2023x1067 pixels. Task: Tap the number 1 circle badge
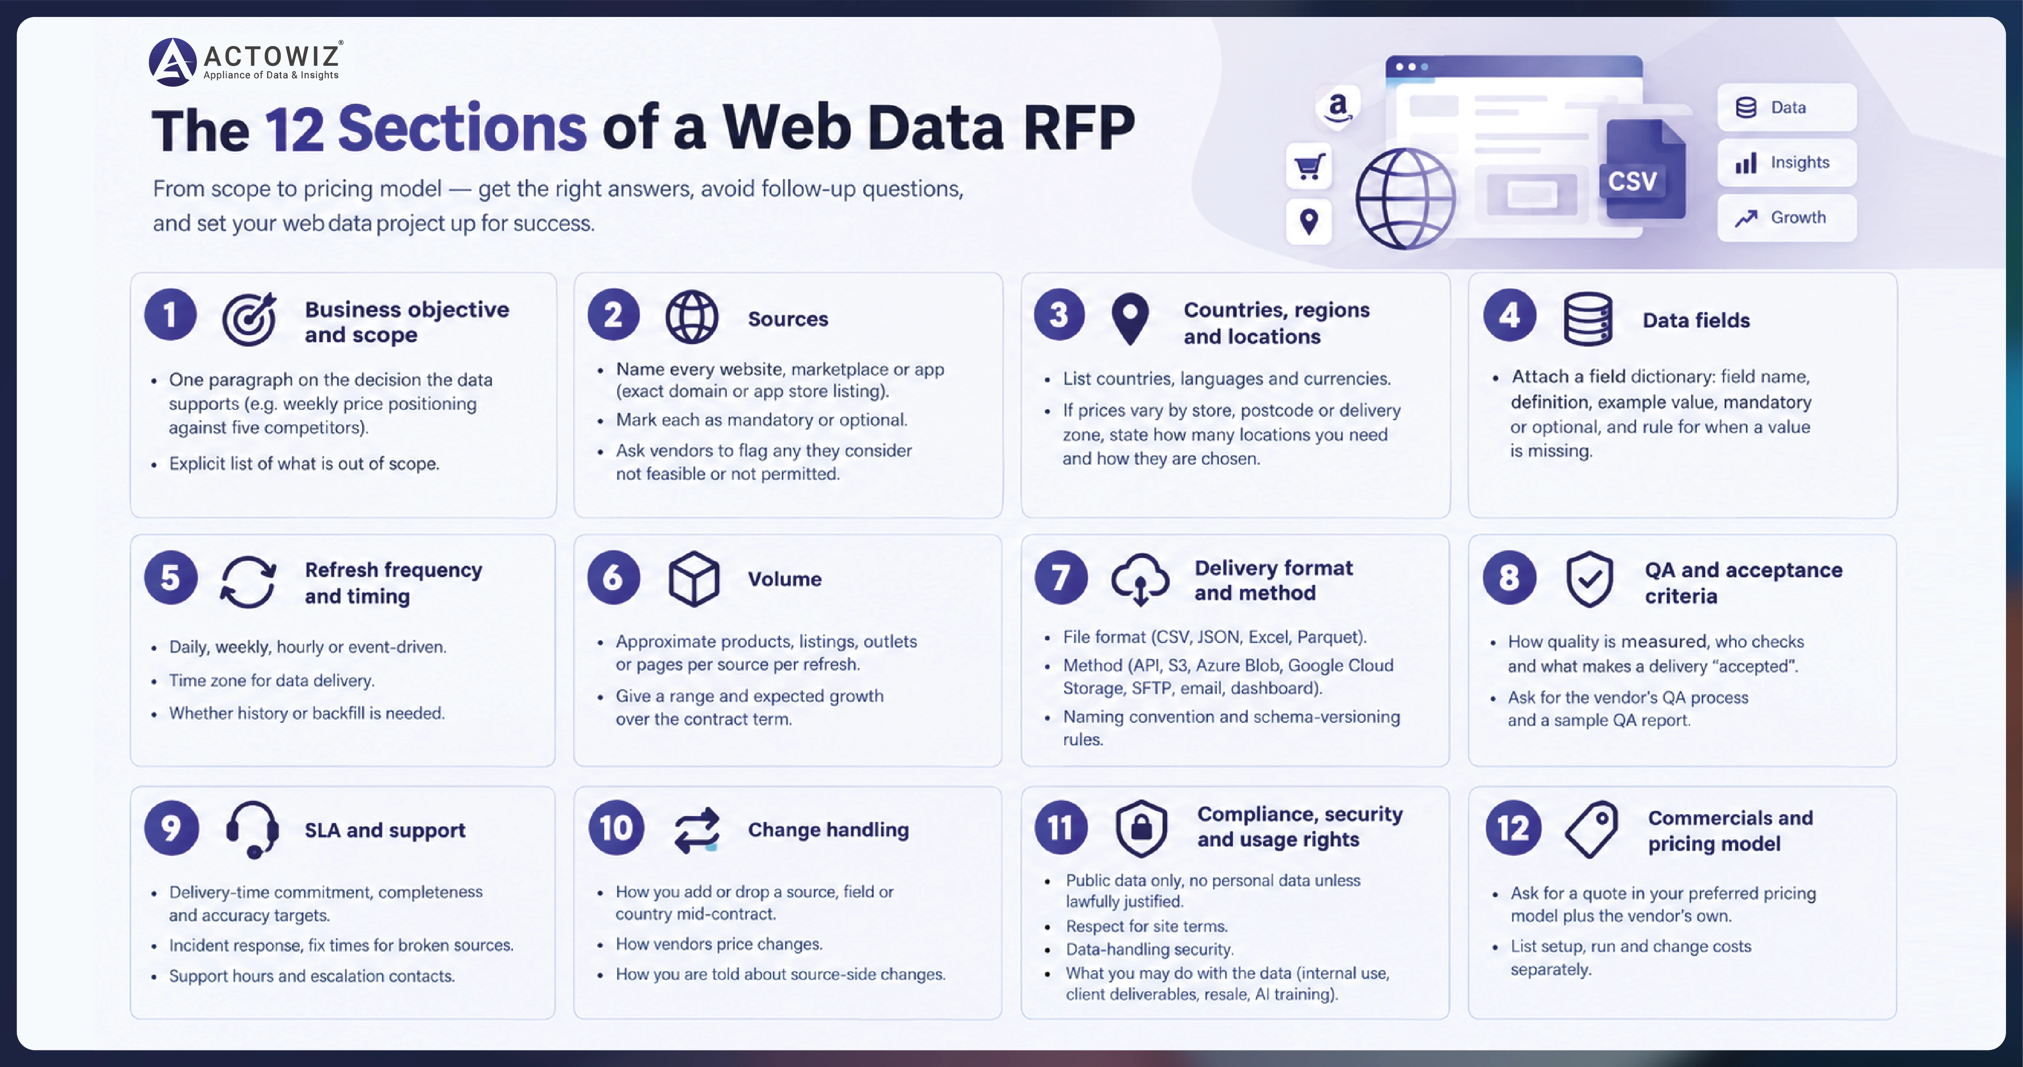point(170,315)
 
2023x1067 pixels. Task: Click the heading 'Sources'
point(788,319)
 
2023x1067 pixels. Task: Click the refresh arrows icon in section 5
point(248,582)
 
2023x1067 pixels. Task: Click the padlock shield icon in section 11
point(1141,828)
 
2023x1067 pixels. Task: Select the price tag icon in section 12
point(1591,829)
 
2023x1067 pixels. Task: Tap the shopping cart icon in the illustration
point(1309,166)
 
